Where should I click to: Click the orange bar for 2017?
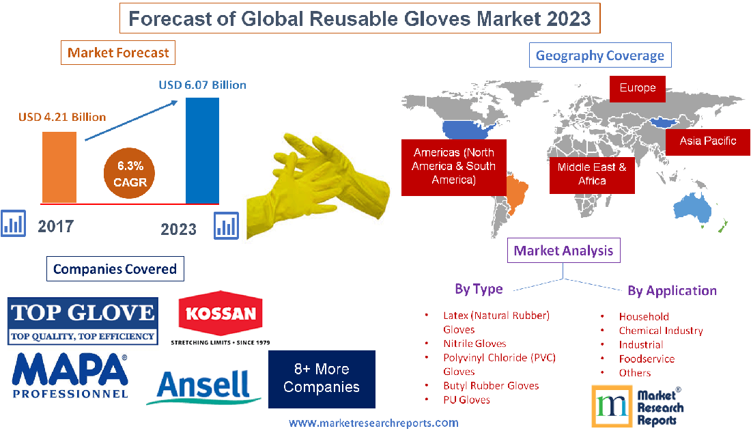[59, 167]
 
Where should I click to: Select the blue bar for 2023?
[203, 150]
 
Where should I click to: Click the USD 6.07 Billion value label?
[202, 85]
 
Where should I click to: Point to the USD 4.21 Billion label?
[62, 117]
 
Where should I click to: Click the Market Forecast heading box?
[118, 53]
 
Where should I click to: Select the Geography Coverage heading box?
[600, 55]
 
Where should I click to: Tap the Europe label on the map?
[637, 88]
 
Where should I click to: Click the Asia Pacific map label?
[707, 141]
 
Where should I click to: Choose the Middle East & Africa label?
[592, 173]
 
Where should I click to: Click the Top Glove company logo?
[83, 320]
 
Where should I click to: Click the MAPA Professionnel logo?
[70, 375]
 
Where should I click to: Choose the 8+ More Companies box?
[321, 378]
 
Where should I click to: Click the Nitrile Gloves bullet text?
[474, 344]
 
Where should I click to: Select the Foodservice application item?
[646, 359]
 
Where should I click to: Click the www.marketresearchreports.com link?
[373, 423]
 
